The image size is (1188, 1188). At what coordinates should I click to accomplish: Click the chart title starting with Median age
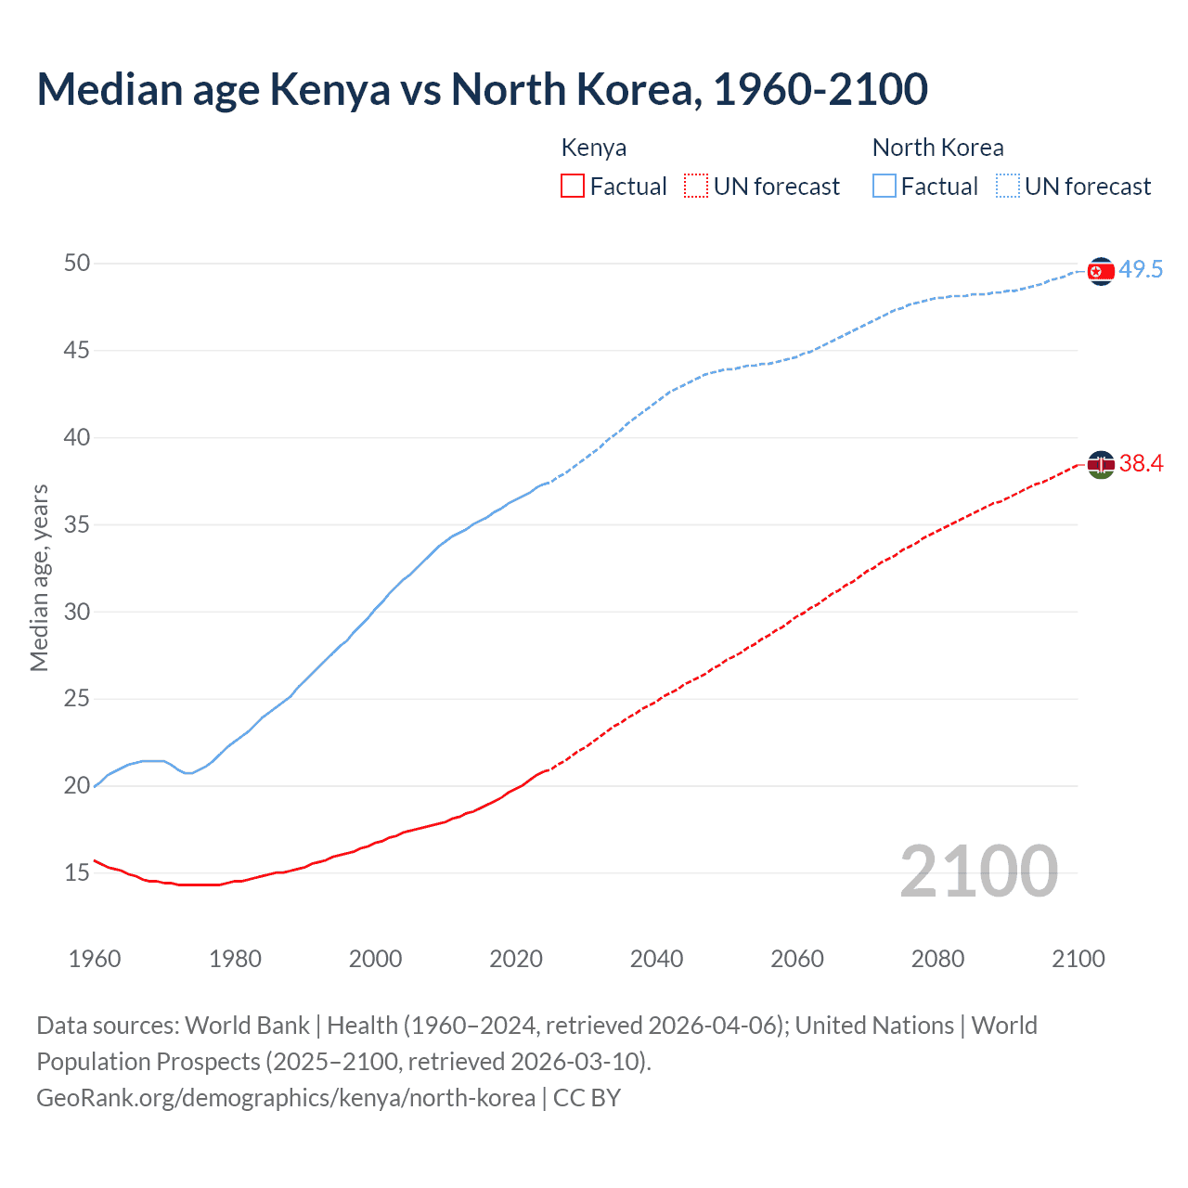click(x=482, y=90)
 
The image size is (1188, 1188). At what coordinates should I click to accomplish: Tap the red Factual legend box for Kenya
click(x=573, y=187)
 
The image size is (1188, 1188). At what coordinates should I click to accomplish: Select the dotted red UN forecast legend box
click(x=696, y=187)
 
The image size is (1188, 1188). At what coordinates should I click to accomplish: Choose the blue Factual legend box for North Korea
click(x=885, y=187)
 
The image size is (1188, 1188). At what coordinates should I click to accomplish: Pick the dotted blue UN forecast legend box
click(x=1008, y=187)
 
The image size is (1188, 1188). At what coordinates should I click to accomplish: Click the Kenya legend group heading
click(x=594, y=148)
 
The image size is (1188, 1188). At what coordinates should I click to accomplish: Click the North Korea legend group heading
click(x=937, y=148)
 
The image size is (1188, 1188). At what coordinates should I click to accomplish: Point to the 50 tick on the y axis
click(x=77, y=264)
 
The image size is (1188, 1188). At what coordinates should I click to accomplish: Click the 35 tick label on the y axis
click(x=77, y=525)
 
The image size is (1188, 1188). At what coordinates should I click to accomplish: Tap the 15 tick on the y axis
click(x=77, y=873)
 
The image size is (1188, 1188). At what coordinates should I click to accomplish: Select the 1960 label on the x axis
click(x=95, y=959)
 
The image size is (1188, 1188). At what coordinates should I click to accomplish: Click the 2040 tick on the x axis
click(x=656, y=959)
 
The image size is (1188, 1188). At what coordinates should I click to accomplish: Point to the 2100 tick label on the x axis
click(x=1078, y=959)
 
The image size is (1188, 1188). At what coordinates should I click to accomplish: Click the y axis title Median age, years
click(x=39, y=577)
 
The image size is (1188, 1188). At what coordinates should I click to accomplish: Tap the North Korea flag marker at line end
click(x=1101, y=271)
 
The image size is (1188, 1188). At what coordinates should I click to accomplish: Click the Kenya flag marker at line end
click(x=1101, y=464)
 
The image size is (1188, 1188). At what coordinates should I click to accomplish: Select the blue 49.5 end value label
click(x=1141, y=270)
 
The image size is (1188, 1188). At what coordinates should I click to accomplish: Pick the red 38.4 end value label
click(x=1141, y=464)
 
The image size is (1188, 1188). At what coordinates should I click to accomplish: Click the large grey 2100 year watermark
click(x=978, y=872)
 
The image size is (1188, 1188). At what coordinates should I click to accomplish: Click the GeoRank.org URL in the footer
click(x=286, y=1098)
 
